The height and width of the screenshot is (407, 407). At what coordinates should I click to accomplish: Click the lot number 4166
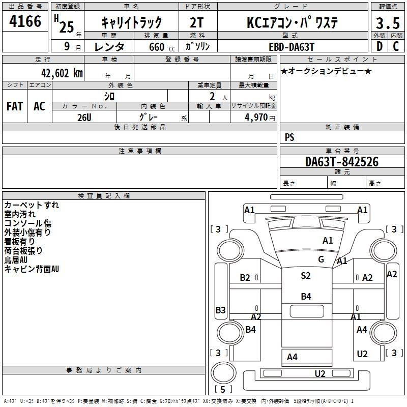25,22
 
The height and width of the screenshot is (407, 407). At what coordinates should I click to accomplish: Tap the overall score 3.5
387,24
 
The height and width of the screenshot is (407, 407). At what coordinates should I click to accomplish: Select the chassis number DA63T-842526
341,162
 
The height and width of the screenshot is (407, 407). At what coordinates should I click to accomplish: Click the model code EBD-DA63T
292,46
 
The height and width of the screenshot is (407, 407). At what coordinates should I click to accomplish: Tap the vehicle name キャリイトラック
131,22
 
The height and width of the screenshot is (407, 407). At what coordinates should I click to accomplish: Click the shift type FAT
14,106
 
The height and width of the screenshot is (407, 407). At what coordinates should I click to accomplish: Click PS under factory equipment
289,137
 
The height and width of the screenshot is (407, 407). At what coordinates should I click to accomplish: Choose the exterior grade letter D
379,46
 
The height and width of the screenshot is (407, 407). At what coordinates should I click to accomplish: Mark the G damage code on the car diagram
321,259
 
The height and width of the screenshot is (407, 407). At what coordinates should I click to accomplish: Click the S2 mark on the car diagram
305,276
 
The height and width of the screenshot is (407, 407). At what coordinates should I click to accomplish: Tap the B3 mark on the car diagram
220,310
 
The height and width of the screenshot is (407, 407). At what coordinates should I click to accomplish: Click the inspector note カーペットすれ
32,205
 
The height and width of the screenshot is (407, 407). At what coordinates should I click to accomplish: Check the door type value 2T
198,22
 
